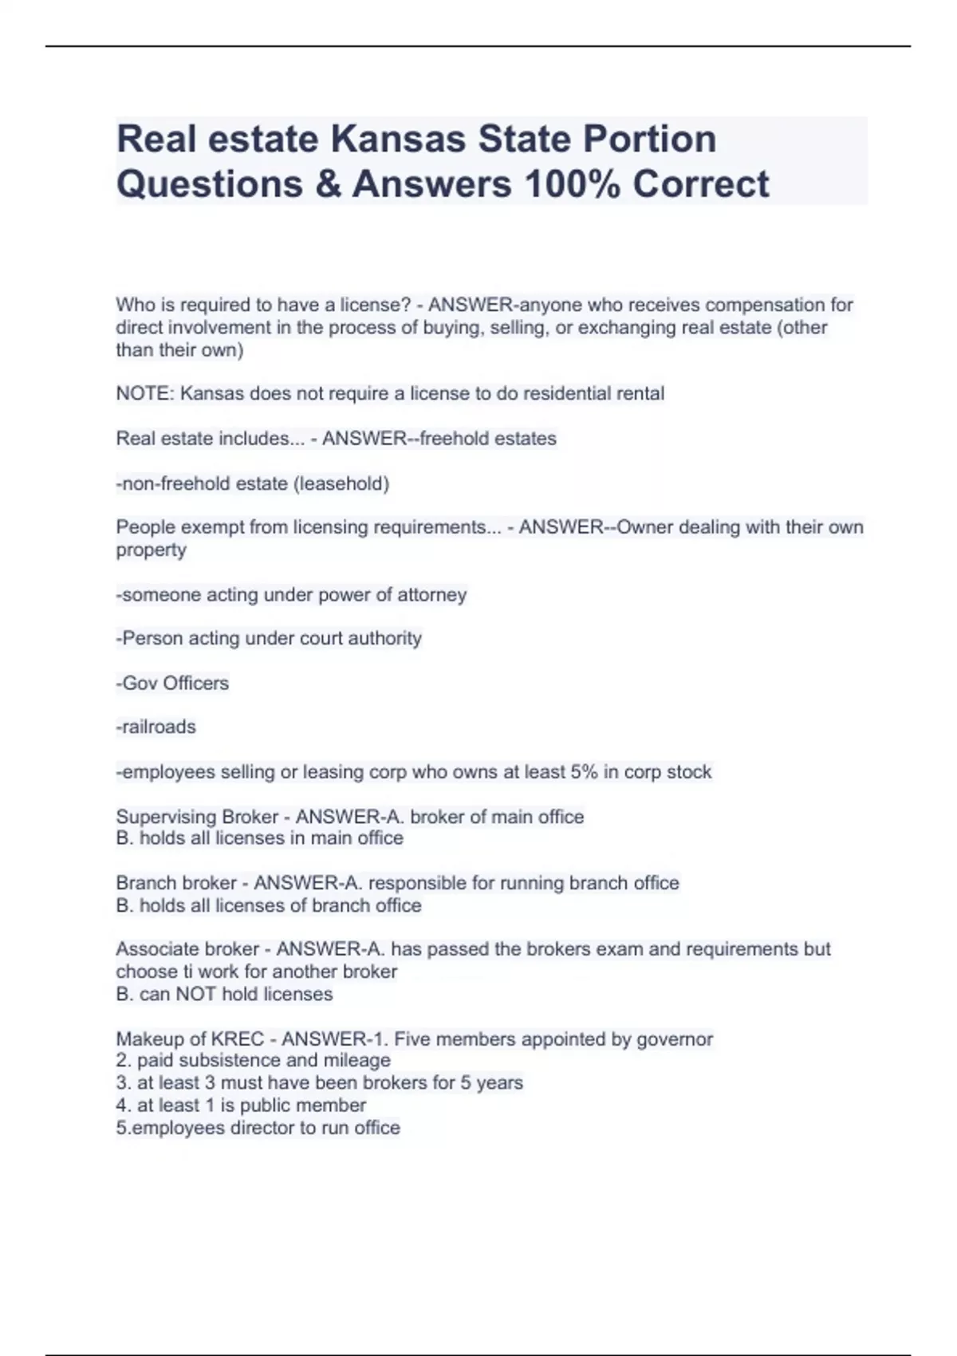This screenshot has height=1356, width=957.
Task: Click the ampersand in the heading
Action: tap(327, 184)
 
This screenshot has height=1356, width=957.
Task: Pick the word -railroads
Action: tap(156, 727)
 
